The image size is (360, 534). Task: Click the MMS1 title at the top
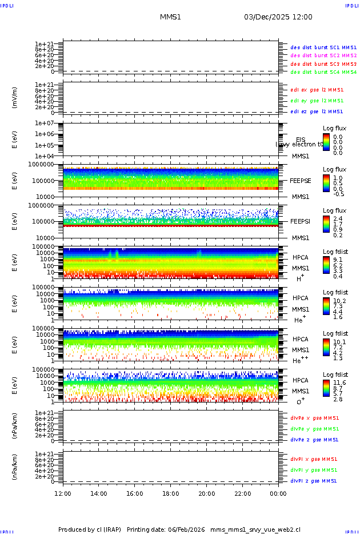coord(170,17)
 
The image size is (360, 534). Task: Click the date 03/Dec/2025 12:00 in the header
coord(278,17)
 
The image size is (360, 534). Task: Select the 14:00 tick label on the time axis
coord(99,493)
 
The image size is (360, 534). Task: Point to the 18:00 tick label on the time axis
coord(170,493)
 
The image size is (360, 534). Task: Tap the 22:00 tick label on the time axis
coord(242,493)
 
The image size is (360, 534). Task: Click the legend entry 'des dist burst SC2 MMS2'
coord(323,55)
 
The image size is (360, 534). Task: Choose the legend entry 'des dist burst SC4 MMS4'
coord(323,73)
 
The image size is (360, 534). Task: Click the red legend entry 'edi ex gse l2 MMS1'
coord(317,90)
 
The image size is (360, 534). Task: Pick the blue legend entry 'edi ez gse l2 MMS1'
coord(317,111)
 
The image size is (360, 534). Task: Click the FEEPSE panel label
coord(301,180)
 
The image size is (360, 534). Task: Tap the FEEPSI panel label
coord(301,221)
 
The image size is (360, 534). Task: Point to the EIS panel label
coord(301,140)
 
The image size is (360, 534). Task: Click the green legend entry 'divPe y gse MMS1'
coord(314,429)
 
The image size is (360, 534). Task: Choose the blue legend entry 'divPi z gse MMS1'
coord(313,481)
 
